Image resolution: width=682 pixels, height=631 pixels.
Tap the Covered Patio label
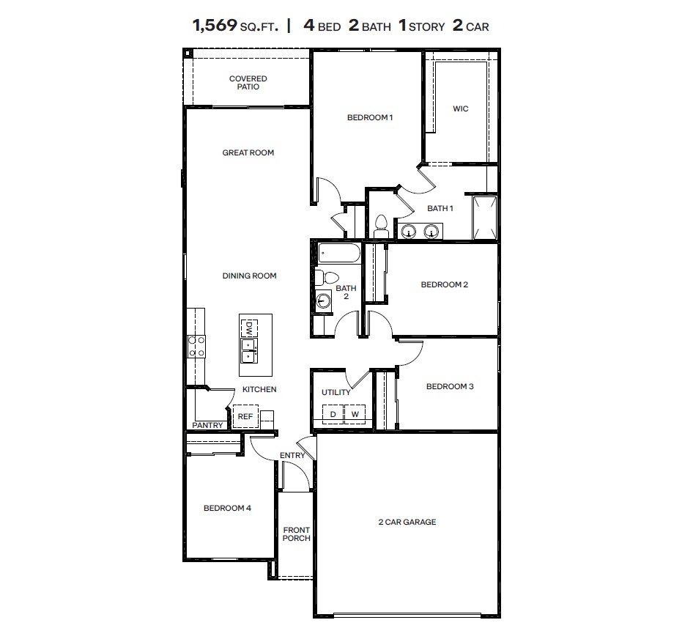[x=248, y=83]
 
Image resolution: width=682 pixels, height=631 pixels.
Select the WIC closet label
[x=460, y=108]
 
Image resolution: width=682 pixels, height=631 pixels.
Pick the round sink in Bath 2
[x=323, y=300]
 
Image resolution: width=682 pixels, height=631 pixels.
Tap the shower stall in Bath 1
[x=485, y=217]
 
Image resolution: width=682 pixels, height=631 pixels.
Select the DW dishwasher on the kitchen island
[x=249, y=326]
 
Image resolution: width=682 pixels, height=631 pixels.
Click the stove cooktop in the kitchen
[x=196, y=345]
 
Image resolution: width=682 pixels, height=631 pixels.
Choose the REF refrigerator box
[x=245, y=416]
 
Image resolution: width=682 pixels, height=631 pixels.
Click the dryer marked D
[x=333, y=415]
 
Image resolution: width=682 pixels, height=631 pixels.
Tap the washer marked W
[x=355, y=415]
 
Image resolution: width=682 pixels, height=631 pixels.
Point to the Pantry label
[x=207, y=425]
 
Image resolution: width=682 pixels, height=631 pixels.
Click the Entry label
[x=292, y=455]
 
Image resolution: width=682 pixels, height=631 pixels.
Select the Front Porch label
[x=297, y=534]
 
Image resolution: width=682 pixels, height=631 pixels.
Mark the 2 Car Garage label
[x=407, y=522]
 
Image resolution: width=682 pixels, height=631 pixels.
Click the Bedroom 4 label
[x=227, y=508]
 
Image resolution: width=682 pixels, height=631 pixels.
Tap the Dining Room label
[x=249, y=276]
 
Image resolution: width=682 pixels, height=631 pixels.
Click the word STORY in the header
[x=427, y=27]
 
